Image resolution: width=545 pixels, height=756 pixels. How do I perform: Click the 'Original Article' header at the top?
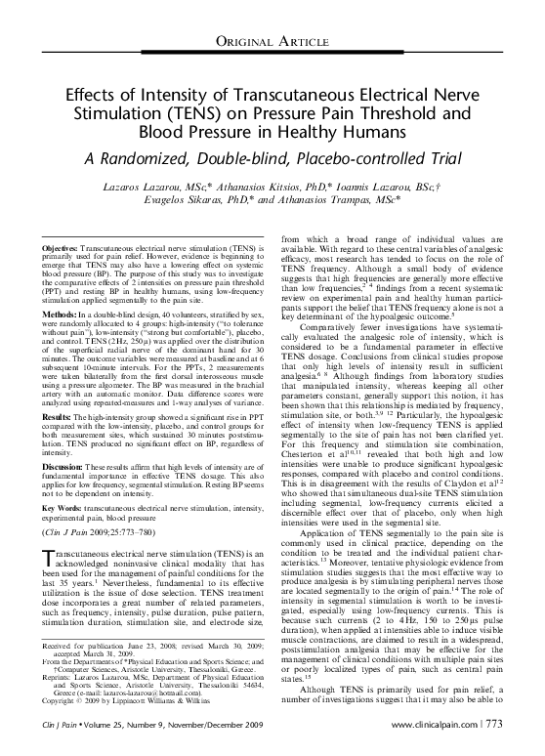(272, 38)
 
